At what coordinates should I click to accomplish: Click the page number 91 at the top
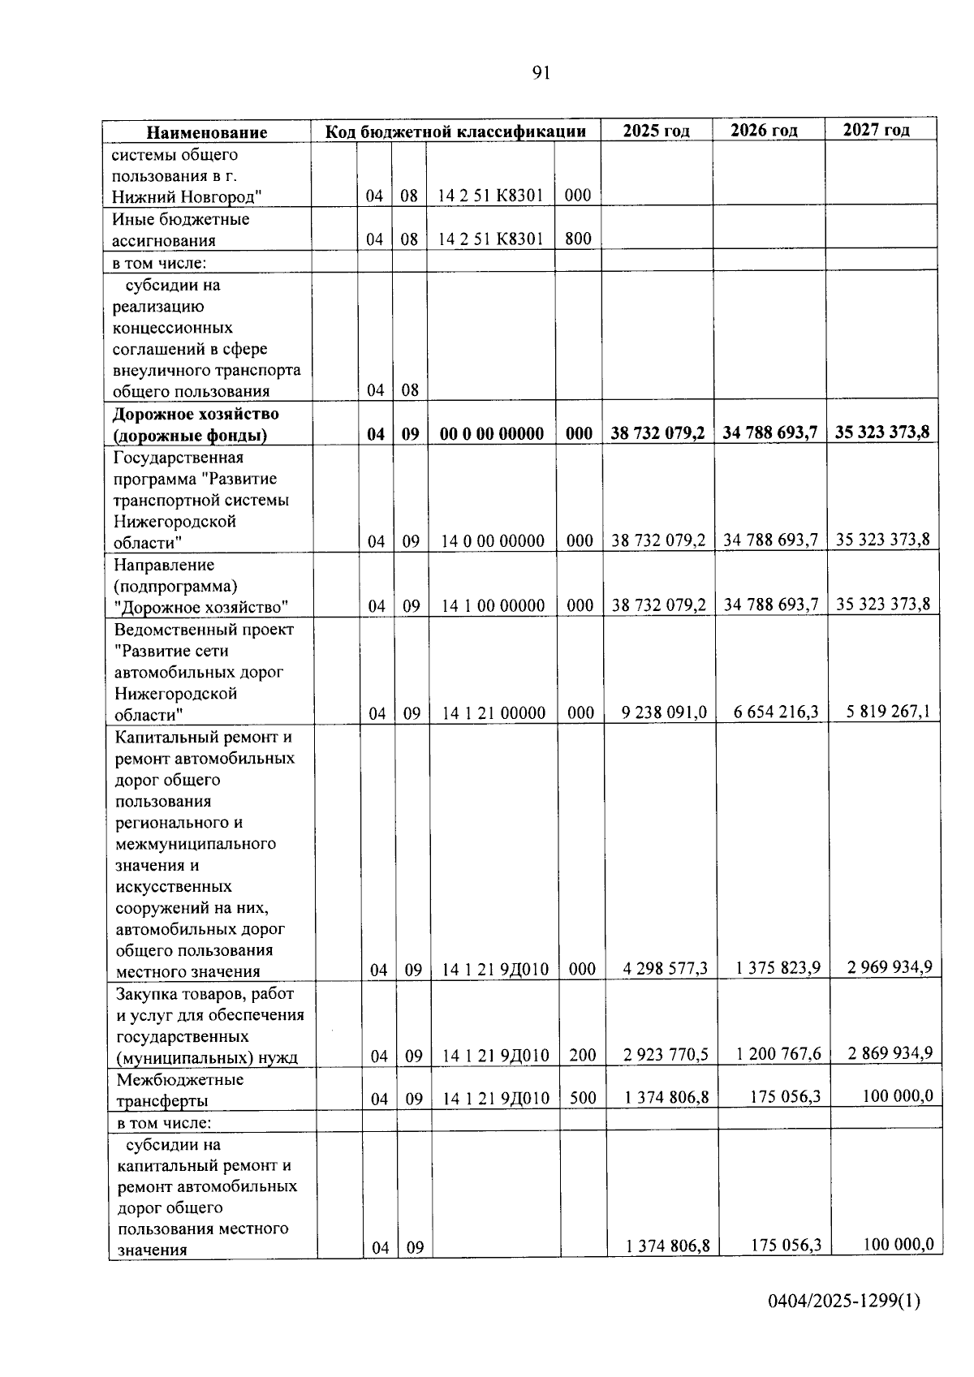[541, 73]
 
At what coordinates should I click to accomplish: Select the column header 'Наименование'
[207, 132]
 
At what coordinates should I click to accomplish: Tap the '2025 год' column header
[657, 131]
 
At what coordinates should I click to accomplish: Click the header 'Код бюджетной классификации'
[456, 131]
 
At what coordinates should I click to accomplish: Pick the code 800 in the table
[578, 239]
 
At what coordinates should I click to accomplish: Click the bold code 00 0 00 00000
[492, 433]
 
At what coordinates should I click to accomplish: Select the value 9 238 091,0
[664, 712]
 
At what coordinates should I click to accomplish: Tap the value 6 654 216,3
[776, 712]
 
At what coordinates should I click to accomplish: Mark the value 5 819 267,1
[888, 712]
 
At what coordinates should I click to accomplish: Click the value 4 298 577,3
[666, 968]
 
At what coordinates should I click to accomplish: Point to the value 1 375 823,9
[778, 967]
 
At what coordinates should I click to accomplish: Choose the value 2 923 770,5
[666, 1055]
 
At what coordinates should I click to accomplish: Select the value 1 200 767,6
[778, 1054]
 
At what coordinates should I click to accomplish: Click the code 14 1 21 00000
[493, 713]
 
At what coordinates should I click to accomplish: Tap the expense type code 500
[583, 1098]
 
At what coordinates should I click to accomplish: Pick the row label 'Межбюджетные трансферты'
[180, 1090]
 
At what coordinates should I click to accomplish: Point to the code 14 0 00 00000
[493, 540]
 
